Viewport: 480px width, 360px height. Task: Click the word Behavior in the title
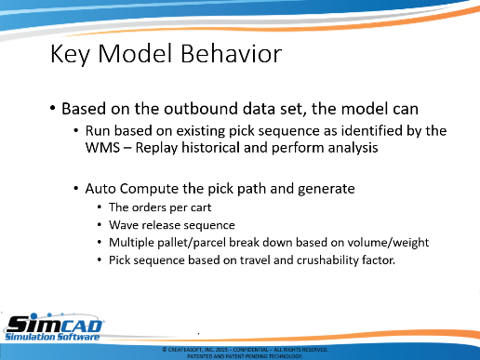[x=231, y=54]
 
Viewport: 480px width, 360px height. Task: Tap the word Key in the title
[x=70, y=55]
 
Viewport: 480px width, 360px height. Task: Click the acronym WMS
[x=102, y=148]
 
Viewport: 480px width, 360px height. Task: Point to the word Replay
[x=156, y=148]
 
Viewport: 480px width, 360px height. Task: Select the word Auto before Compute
[x=100, y=189]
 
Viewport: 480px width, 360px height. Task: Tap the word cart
[x=201, y=207]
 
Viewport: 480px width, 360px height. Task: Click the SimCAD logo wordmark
[x=55, y=325]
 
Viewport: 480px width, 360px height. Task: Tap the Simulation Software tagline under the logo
[x=52, y=337]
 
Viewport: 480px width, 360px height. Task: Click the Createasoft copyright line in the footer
[x=245, y=350]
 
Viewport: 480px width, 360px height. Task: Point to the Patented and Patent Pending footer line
[x=245, y=356]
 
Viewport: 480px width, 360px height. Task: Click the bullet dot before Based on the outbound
[x=53, y=108]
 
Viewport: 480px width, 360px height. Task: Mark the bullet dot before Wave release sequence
[x=100, y=224]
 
